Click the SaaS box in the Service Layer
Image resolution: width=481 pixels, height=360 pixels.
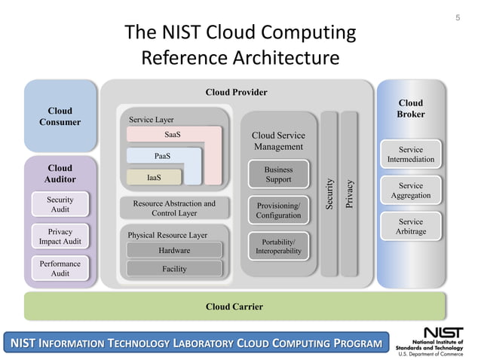tap(173, 135)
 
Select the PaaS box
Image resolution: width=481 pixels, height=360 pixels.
tap(162, 157)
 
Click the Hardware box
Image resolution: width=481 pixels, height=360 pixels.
tap(174, 250)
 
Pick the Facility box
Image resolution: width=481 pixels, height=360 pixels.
tap(174, 269)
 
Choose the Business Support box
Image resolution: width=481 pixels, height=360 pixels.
tap(278, 175)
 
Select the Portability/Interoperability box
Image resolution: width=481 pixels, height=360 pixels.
tap(278, 246)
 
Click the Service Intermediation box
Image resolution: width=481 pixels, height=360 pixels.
tap(411, 154)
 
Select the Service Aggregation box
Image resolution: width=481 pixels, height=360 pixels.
tap(411, 191)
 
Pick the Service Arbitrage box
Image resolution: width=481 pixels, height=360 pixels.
tap(411, 227)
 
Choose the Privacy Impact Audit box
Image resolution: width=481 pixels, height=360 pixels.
tap(60, 236)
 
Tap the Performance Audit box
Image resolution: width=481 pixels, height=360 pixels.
tap(60, 269)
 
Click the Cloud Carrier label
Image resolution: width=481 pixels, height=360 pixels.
tap(234, 307)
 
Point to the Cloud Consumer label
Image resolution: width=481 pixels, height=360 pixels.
tap(60, 117)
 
